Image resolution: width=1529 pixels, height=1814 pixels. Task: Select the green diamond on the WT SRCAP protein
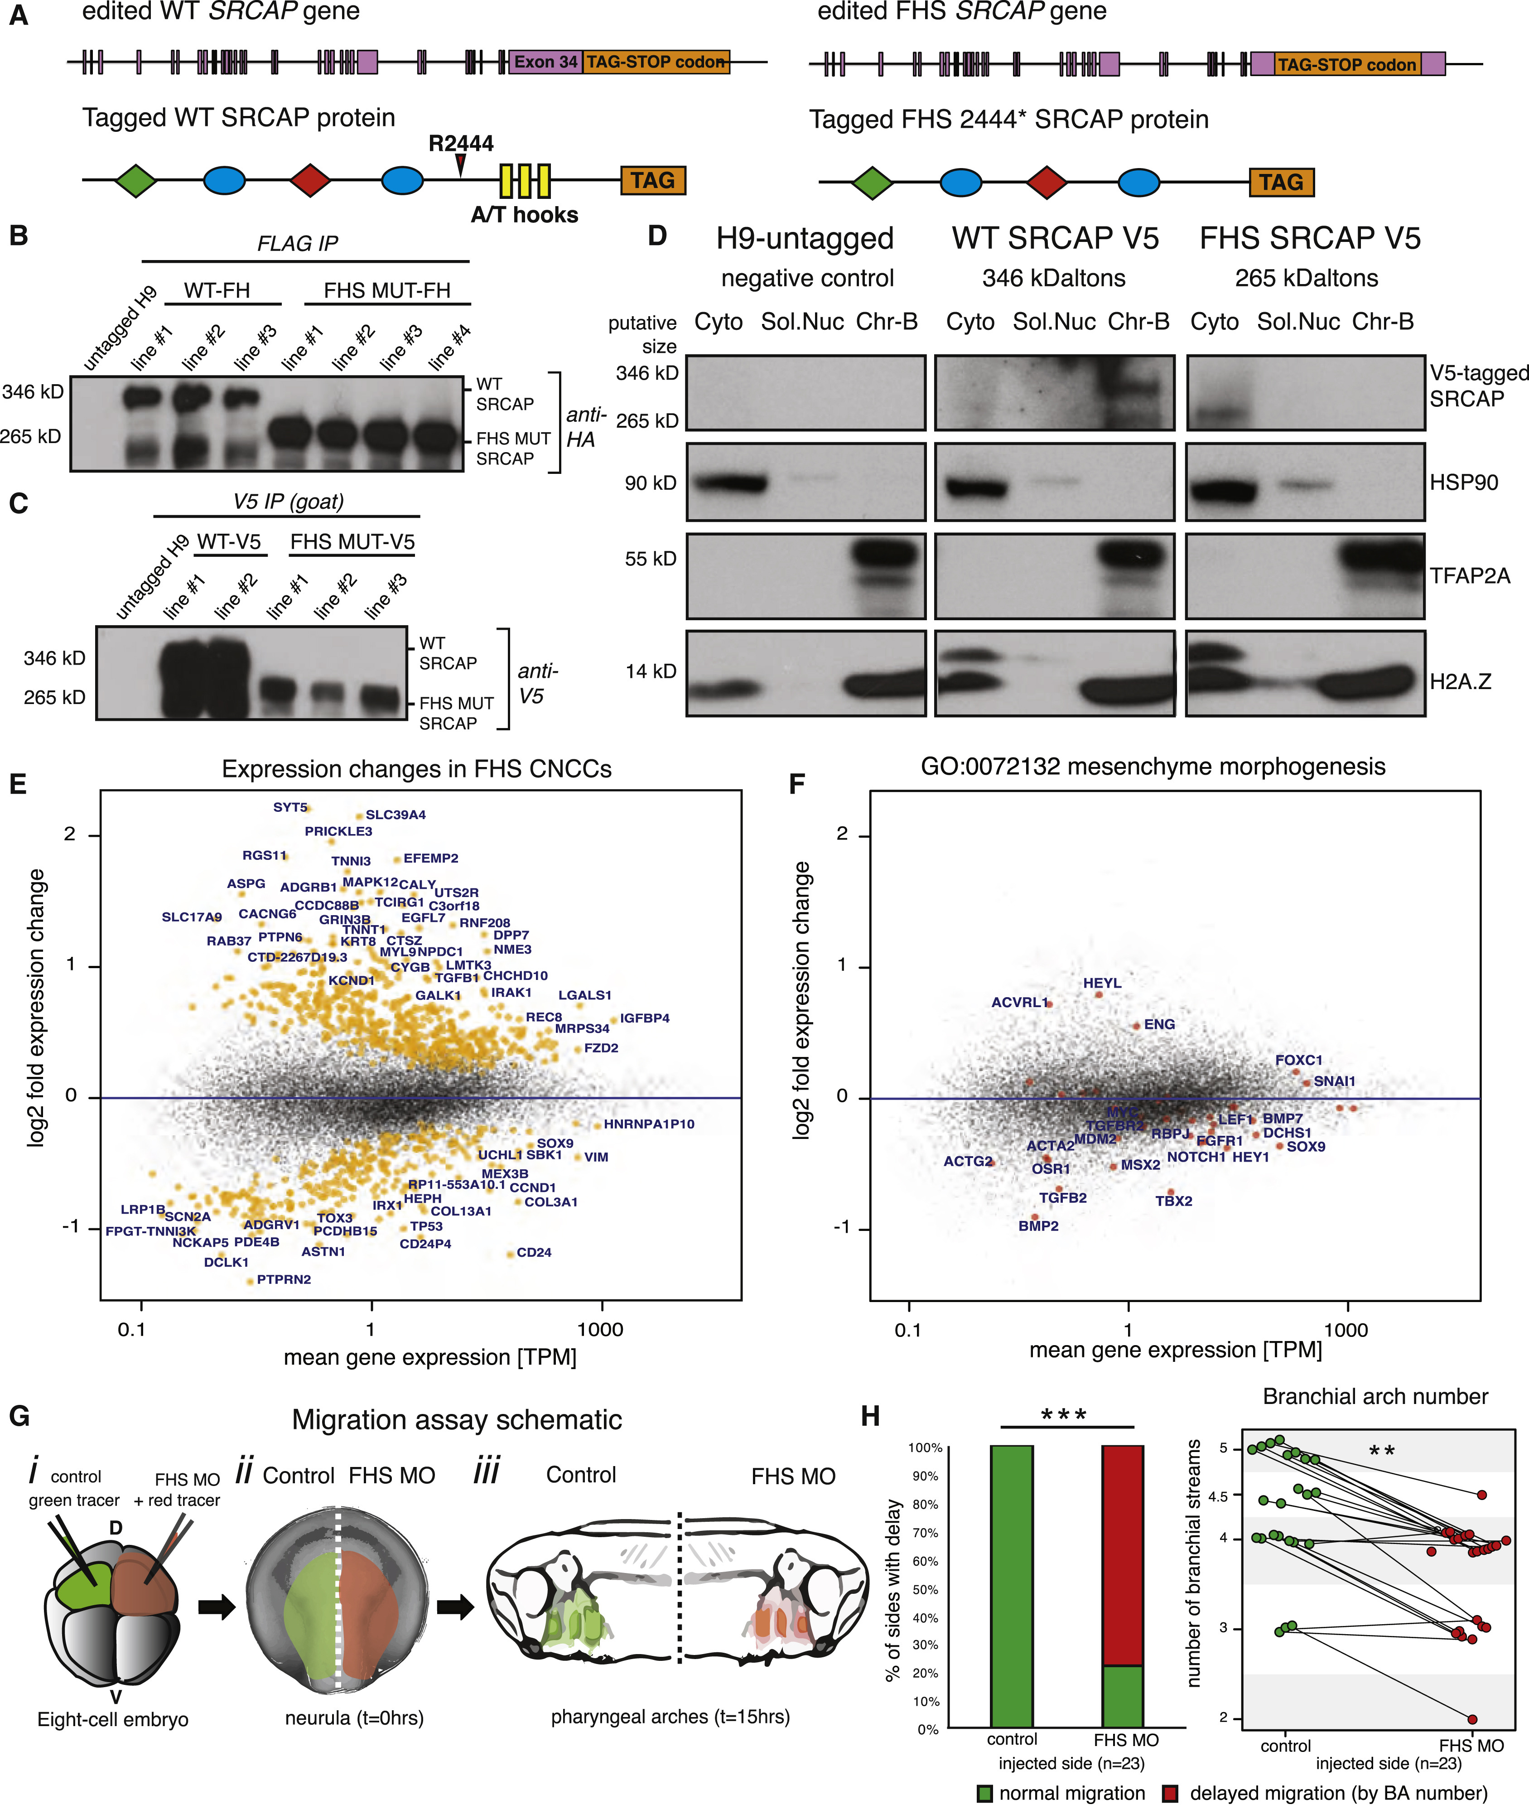click(136, 180)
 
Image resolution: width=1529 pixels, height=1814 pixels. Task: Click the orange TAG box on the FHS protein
click(1281, 182)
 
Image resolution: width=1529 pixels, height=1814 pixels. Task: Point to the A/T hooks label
click(525, 215)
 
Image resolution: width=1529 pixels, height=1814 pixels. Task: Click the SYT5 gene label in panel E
click(290, 807)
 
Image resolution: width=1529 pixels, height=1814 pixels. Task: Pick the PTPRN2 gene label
click(284, 1279)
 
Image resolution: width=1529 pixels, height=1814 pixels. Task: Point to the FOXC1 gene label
click(1298, 1060)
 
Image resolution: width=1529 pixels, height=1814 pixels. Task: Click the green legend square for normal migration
click(984, 1793)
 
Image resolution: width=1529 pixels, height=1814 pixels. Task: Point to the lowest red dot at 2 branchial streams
click(1472, 1719)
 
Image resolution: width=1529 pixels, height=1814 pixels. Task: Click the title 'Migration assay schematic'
click(457, 1420)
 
